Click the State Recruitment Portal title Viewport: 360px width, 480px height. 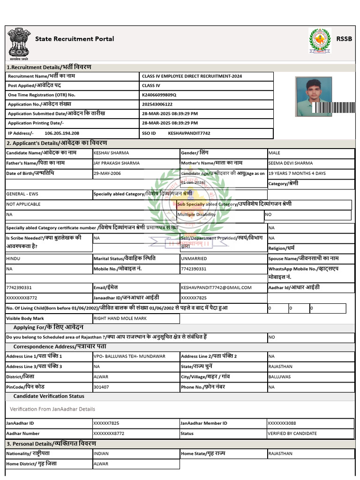75,39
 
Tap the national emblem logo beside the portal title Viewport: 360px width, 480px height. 18,44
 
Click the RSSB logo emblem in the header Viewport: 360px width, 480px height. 320,41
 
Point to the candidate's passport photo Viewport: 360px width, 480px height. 314,97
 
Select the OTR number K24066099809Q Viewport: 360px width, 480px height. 159,95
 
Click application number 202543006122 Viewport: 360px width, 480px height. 157,104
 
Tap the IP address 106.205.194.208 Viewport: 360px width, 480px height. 62,133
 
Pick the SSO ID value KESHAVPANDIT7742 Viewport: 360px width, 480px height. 189,133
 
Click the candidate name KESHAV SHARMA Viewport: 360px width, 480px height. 111,153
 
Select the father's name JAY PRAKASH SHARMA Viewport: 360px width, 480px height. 116,163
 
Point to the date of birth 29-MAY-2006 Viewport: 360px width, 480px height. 107,173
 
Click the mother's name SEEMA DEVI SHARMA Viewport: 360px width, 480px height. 290,163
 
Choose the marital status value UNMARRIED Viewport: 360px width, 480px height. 195,258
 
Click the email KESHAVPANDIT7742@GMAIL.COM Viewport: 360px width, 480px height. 216,287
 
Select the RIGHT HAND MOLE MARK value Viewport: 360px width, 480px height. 120,318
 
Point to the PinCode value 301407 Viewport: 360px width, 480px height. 101,387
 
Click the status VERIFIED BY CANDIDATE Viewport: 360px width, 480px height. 292,433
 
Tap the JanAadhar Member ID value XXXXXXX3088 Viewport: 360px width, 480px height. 282,423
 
